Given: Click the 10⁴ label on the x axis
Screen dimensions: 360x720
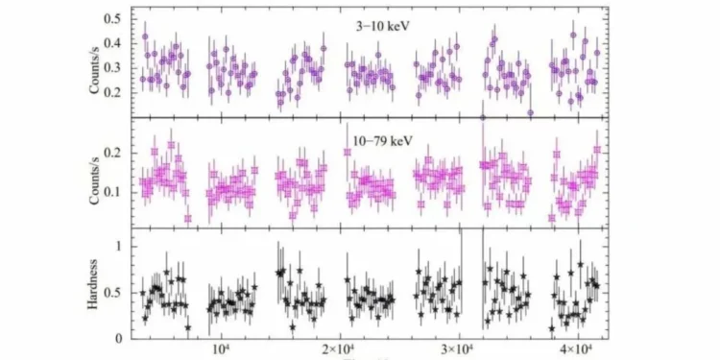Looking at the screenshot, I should tap(219, 348).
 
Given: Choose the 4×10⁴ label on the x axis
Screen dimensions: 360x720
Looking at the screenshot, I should tap(572, 348).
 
